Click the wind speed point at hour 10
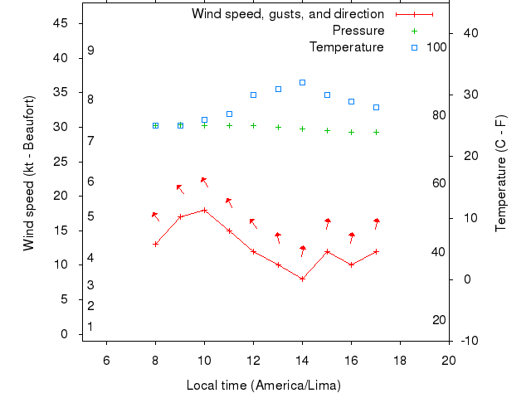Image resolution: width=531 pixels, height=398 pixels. [204, 210]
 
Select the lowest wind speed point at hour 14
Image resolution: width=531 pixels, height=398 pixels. [302, 279]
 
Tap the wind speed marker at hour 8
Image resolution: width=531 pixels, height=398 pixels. [155, 244]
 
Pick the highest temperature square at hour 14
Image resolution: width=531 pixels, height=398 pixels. [302, 83]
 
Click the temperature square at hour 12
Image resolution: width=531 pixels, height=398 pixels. [253, 95]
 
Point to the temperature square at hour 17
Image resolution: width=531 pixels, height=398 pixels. [376, 107]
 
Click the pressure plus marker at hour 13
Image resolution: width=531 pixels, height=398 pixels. [278, 127]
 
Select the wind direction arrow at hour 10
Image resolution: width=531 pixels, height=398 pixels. [203, 181]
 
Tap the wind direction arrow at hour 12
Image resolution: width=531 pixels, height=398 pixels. [253, 223]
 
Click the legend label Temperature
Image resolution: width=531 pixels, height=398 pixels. [346, 47]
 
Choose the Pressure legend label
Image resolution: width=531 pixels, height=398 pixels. [358, 31]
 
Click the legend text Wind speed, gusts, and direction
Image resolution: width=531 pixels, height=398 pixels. [287, 14]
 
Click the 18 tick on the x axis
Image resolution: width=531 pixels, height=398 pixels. [400, 359]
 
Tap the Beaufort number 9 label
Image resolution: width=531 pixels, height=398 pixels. [91, 51]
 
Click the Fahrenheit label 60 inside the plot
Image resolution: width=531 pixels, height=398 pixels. [439, 184]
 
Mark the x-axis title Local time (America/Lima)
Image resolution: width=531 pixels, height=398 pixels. [264, 386]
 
